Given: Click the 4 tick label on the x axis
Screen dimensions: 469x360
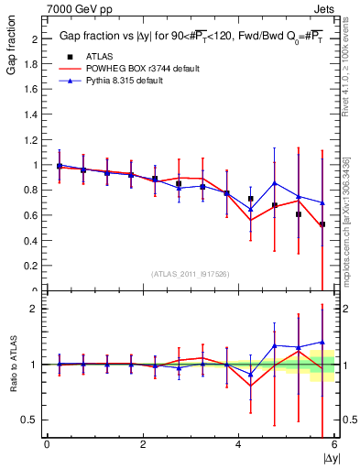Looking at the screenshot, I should click(x=239, y=444).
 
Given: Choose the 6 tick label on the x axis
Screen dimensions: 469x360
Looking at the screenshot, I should click(x=334, y=444).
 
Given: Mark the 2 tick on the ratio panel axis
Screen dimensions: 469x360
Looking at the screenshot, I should click(x=37, y=309).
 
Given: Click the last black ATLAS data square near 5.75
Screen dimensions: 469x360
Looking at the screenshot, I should click(x=322, y=224).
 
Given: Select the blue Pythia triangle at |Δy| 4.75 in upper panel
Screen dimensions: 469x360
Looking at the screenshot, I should click(x=275, y=183).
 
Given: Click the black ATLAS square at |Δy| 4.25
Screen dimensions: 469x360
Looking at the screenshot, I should click(x=251, y=199).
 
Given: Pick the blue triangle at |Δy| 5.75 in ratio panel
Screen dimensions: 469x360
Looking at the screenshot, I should click(x=322, y=342).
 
